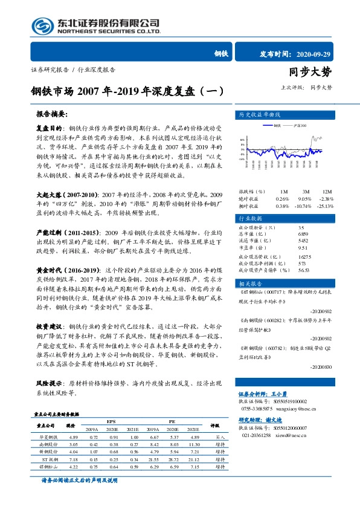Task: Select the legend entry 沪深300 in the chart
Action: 297,125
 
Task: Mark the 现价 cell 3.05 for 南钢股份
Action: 74,443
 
